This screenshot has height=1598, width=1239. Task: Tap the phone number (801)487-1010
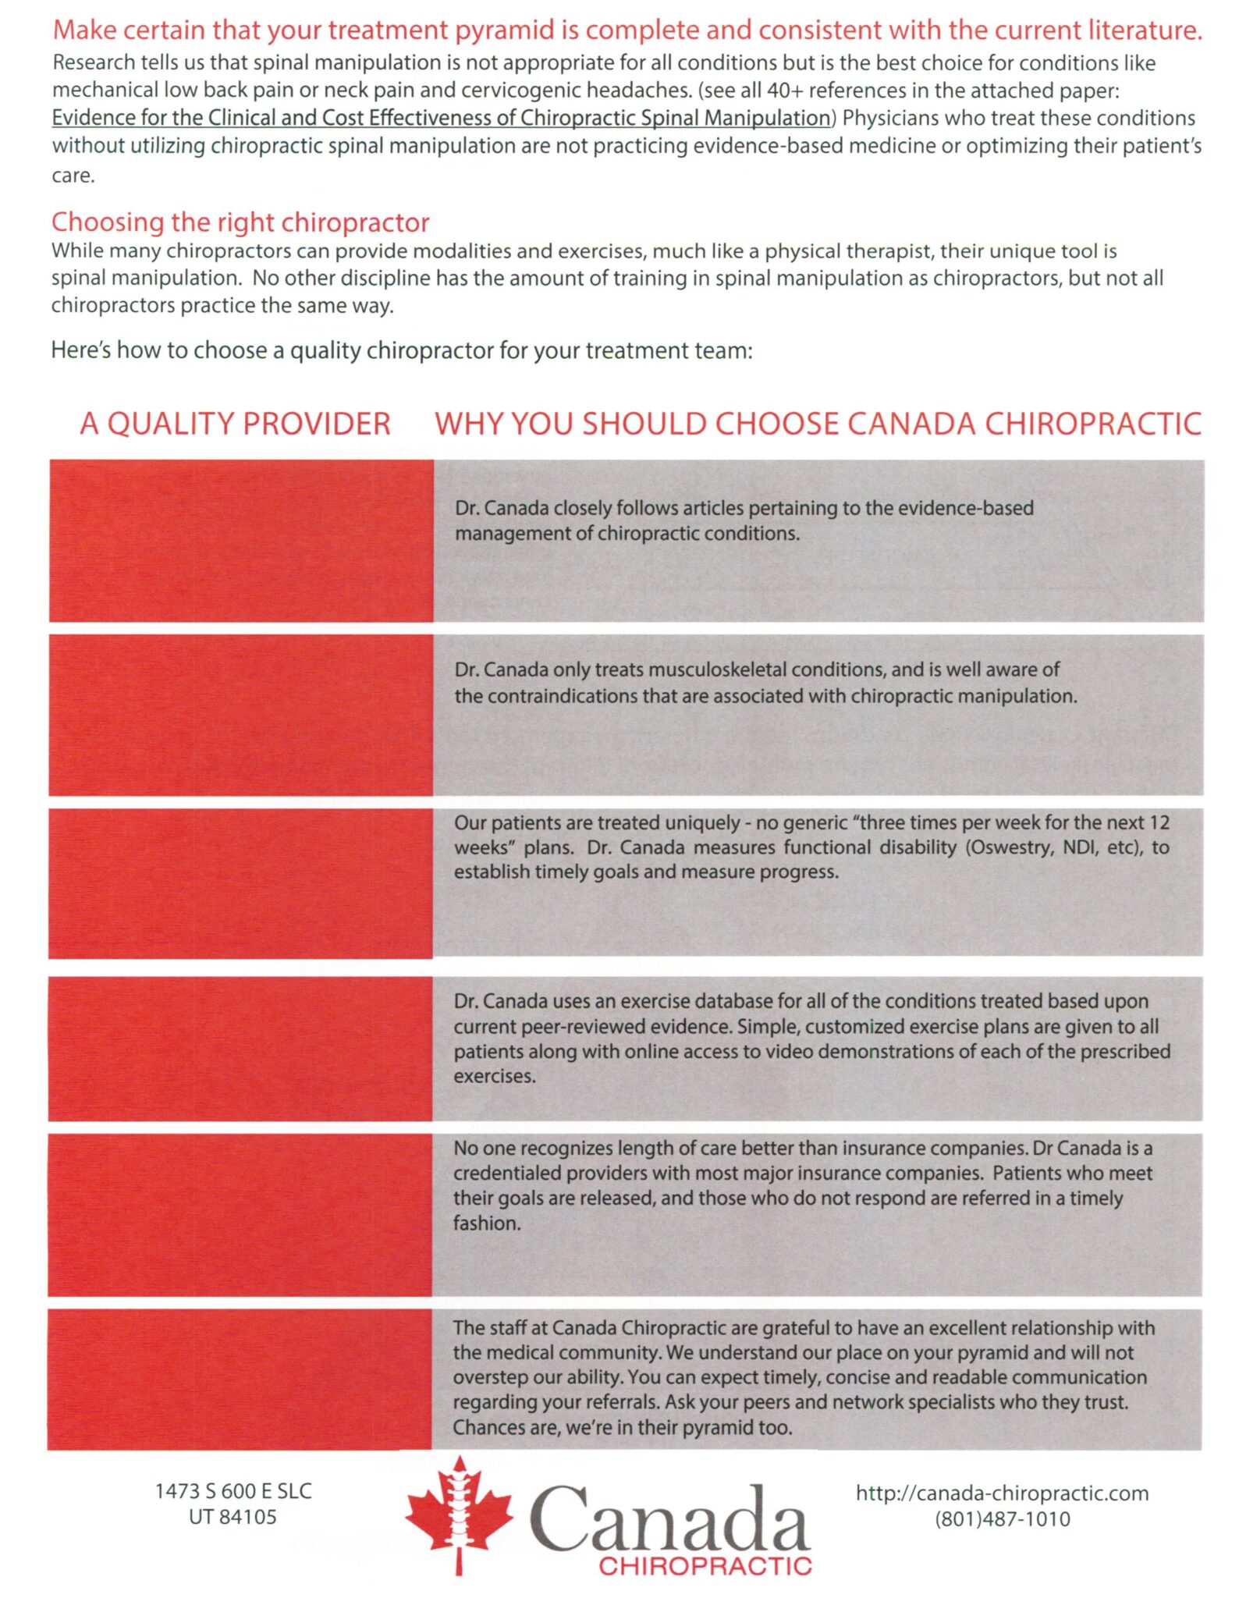point(1002,1519)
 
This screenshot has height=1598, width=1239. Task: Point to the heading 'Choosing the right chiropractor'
point(240,222)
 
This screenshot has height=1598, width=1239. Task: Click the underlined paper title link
point(441,118)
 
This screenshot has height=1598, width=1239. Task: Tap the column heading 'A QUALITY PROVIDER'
point(235,424)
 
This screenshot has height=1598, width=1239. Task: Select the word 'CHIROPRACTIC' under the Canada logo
point(705,1565)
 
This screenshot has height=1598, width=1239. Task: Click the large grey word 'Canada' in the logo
point(669,1518)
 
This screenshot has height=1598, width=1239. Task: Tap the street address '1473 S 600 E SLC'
point(233,1491)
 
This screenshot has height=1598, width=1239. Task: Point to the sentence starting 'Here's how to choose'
point(401,350)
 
